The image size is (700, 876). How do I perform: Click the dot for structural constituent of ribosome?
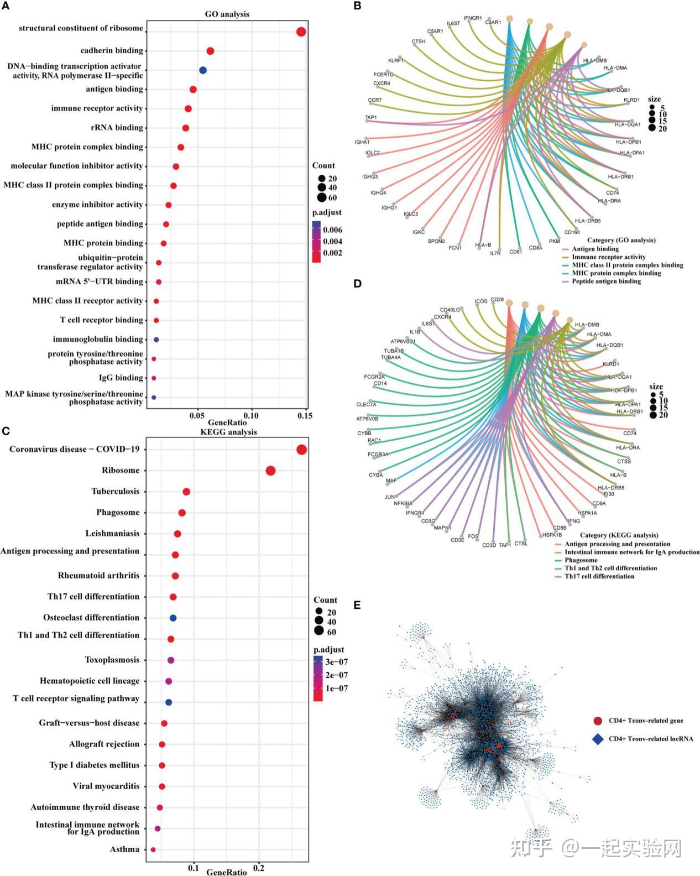(301, 32)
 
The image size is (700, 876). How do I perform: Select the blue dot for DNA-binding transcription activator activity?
(203, 70)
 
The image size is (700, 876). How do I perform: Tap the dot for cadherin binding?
(210, 51)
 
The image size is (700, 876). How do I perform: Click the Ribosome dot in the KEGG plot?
(270, 471)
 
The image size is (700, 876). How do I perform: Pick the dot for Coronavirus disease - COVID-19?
(301, 450)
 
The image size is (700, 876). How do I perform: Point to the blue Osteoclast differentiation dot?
(173, 618)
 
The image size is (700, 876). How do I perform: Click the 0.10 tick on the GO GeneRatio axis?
(251, 415)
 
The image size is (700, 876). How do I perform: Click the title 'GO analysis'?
(227, 14)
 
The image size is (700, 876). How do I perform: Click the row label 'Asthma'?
(124, 849)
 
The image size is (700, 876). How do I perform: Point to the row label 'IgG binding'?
(121, 378)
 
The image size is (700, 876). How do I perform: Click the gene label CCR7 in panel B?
(375, 101)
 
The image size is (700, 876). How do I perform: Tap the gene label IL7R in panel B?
(495, 253)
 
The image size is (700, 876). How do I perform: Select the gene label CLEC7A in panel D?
(366, 404)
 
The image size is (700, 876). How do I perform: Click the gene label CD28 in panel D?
(497, 300)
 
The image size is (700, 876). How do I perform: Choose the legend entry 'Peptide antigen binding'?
(606, 281)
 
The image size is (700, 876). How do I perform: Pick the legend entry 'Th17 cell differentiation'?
(599, 576)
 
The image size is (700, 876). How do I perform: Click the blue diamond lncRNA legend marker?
(597, 739)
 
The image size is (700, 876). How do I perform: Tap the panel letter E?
(357, 605)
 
